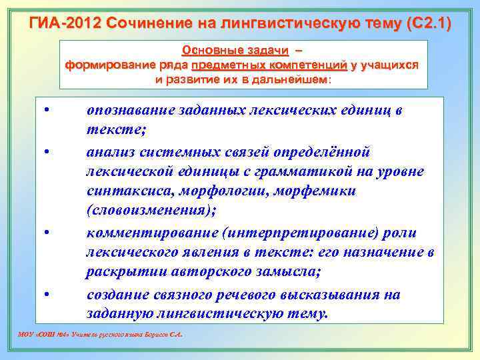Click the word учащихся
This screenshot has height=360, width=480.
(389, 65)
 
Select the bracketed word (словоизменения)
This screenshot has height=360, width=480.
(151, 211)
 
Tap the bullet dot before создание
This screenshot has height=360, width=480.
(48, 292)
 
